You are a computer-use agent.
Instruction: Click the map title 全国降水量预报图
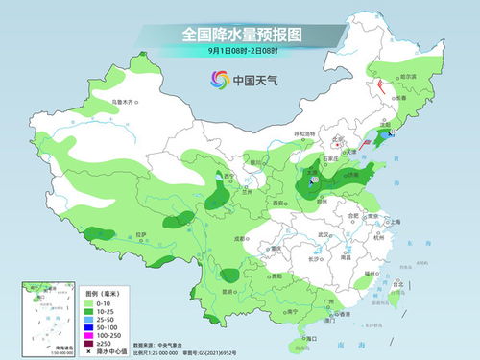click(x=240, y=35)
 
